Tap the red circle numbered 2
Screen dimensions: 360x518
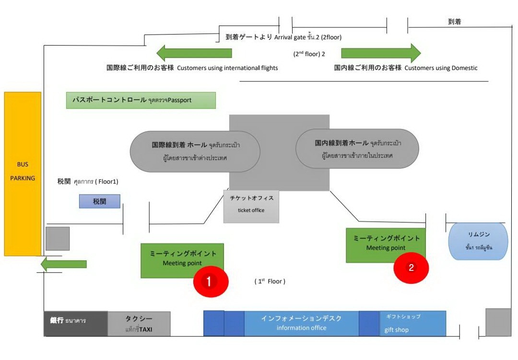[x=411, y=268]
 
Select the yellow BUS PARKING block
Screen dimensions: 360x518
[x=23, y=174]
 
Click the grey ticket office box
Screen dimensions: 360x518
[x=251, y=206]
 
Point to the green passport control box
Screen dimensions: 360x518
[x=141, y=100]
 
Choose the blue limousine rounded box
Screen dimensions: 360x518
[x=478, y=241]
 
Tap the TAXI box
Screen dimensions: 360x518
[x=139, y=324]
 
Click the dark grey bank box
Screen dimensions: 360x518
[x=75, y=324]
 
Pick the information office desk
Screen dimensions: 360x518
[x=301, y=324]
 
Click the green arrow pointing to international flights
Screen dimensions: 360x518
[x=194, y=53]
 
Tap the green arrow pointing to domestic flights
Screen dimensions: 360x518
[x=381, y=53]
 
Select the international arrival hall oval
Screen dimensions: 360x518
[x=195, y=151]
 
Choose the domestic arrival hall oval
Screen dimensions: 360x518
[x=357, y=149]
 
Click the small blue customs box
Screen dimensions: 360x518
[x=99, y=201]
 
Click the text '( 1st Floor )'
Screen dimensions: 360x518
[x=270, y=281]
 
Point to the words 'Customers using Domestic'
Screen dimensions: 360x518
[x=441, y=68]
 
